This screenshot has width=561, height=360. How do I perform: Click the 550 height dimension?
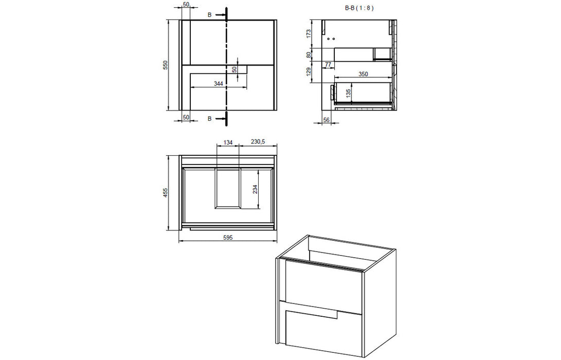coord(165,65)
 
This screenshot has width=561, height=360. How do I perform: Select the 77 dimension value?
coord(328,65)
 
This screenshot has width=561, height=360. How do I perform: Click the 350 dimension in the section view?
coord(363,74)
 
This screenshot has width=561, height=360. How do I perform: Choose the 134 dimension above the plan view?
coord(228,142)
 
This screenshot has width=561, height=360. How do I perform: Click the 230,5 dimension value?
coord(257,142)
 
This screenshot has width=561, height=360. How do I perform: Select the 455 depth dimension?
coord(165,192)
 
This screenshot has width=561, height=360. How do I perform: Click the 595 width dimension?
coord(228,237)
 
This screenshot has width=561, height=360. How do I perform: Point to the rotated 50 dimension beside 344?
coord(234,69)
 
